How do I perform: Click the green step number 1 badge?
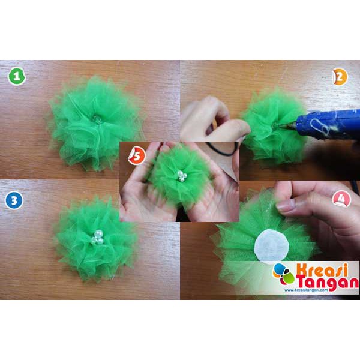click(17, 76)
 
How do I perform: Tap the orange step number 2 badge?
click(340, 77)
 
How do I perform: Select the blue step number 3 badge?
click(14, 200)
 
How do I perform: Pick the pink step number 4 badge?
click(341, 199)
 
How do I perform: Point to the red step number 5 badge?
click(137, 156)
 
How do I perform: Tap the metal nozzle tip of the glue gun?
click(281, 126)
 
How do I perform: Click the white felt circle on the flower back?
click(272, 245)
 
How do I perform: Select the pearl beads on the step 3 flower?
click(98, 237)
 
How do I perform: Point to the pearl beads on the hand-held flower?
click(182, 176)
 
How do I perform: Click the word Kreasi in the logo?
click(322, 270)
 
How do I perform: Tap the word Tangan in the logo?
click(328, 283)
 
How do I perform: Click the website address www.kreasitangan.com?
click(306, 290)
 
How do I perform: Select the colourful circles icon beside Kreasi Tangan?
click(284, 274)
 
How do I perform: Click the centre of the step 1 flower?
click(97, 119)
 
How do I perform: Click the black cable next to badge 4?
click(355, 186)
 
